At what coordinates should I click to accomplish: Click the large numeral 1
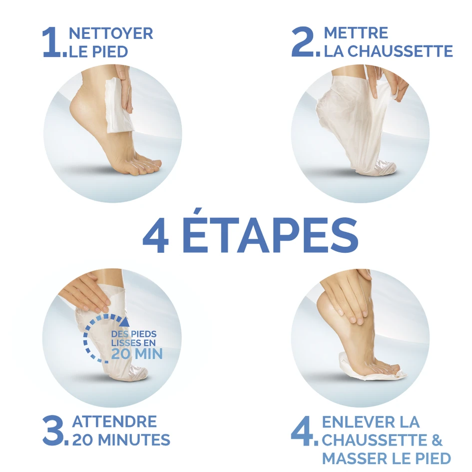click(x=52, y=43)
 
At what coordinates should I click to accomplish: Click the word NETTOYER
click(x=111, y=33)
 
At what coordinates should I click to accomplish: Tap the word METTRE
click(x=356, y=33)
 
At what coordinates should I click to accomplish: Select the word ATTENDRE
click(x=114, y=421)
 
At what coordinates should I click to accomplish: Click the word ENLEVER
click(x=358, y=422)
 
